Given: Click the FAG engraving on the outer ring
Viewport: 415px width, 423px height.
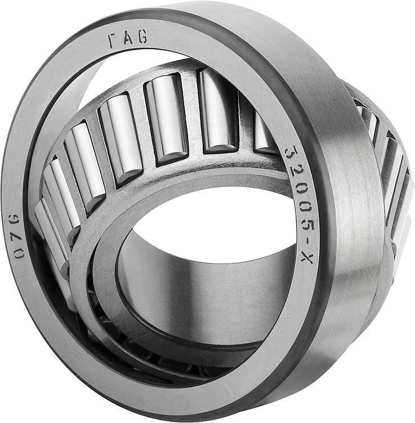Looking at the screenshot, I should pos(127,38).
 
